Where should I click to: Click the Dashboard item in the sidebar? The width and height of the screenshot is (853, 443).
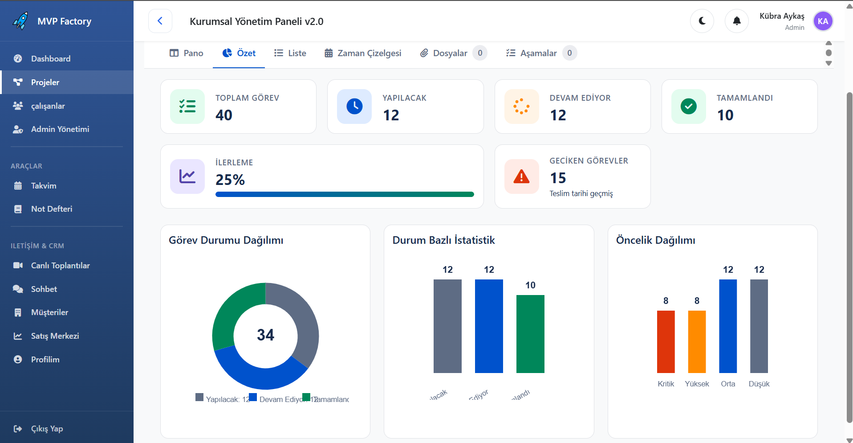(x=50, y=59)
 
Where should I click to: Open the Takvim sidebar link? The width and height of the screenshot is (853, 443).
(x=43, y=186)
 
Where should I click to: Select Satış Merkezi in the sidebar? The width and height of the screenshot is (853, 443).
(x=55, y=336)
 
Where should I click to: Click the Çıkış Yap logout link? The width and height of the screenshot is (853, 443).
(x=46, y=429)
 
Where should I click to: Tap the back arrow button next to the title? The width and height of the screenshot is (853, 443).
(x=160, y=21)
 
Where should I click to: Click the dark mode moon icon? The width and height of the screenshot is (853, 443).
(x=702, y=21)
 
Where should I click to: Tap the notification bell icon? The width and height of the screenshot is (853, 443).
(x=736, y=21)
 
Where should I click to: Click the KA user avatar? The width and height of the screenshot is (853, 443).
(x=822, y=21)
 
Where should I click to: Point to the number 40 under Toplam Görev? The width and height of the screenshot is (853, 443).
(x=224, y=115)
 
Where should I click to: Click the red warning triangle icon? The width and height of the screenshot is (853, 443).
(x=521, y=177)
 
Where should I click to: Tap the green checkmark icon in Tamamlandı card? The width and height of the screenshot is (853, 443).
(x=688, y=107)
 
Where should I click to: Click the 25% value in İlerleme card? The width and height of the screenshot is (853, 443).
(x=230, y=180)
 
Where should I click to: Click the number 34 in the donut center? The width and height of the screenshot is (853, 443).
(x=265, y=335)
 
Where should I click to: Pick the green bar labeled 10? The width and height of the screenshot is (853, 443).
(x=530, y=334)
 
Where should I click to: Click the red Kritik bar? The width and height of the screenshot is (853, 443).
(x=666, y=342)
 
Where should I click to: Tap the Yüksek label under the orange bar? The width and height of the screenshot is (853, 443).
(x=696, y=384)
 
